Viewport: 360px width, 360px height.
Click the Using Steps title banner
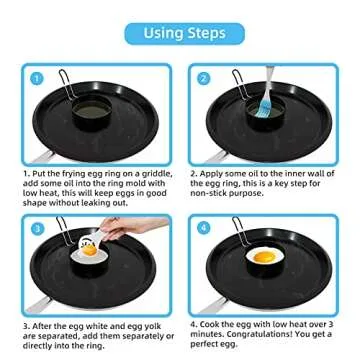180,33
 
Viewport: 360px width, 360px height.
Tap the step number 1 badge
35,78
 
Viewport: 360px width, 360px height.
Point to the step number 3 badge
35,228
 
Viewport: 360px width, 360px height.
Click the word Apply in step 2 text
216,173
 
